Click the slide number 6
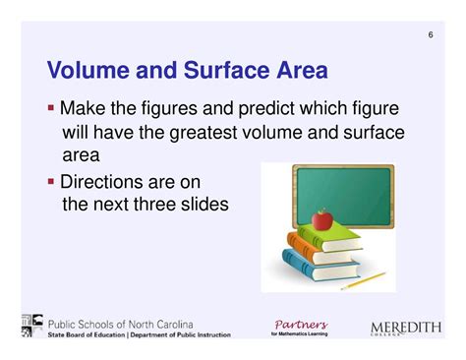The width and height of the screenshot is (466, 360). [431, 36]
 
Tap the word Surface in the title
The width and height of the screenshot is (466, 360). [224, 71]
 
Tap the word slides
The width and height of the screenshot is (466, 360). [204, 205]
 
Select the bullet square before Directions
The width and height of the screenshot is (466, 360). [51, 181]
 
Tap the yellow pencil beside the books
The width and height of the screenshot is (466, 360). [365, 280]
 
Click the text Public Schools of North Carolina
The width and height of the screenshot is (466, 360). [121, 325]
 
